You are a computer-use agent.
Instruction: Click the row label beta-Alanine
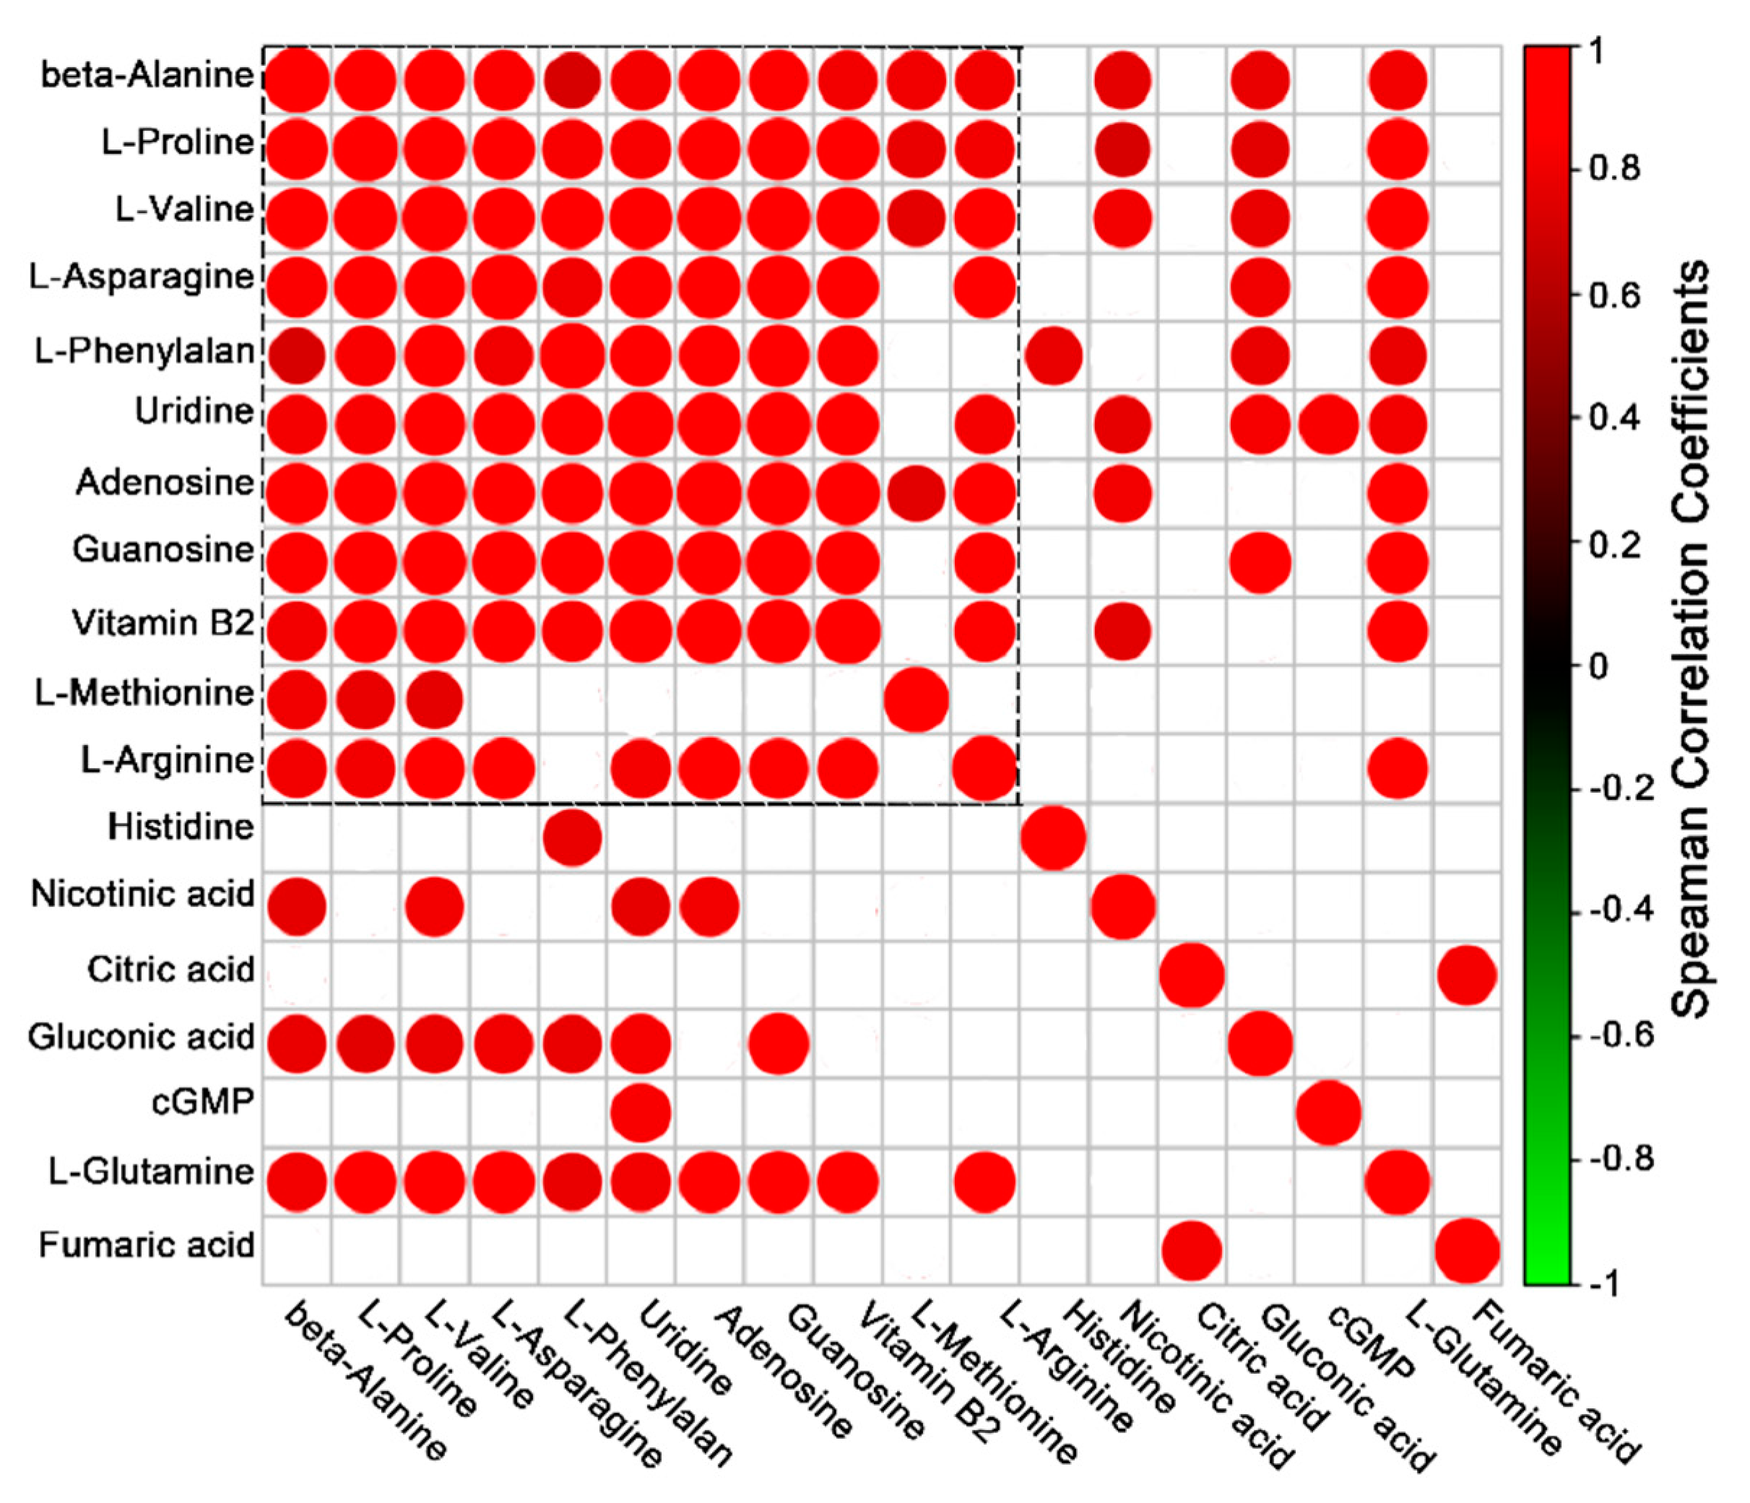147,76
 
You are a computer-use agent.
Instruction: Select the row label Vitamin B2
163,623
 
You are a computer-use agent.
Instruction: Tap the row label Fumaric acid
146,1245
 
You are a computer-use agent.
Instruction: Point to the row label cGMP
203,1102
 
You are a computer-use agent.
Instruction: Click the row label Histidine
180,827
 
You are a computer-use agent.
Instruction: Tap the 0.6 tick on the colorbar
1614,295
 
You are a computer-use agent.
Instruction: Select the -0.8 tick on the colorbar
1617,1159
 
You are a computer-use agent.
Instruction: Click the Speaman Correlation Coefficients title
1690,638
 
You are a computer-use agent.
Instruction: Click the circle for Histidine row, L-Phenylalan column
572,837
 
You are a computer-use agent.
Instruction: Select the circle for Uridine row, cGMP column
1327,424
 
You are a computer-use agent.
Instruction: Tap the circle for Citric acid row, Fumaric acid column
1466,975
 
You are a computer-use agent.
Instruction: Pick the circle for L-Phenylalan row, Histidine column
1052,355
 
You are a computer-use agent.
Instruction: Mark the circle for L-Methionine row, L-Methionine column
916,699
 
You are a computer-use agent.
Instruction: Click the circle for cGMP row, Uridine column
640,1113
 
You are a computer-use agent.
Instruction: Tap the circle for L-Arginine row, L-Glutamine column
1397,768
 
